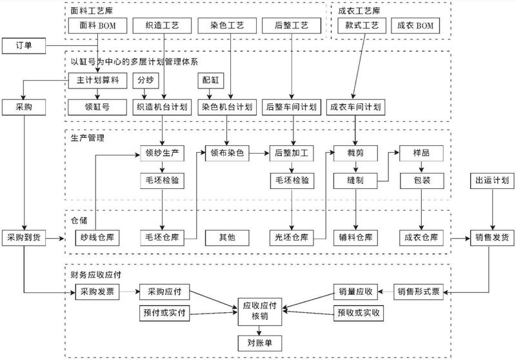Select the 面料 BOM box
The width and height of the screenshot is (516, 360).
point(97,26)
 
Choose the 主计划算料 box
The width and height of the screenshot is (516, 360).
point(97,81)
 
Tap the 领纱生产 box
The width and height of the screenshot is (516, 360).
point(163,154)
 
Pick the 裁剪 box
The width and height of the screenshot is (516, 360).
point(355,154)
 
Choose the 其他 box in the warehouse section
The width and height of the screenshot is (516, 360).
point(228,237)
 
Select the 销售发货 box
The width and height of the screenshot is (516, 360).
point(491,237)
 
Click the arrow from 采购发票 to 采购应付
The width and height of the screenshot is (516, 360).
point(130,292)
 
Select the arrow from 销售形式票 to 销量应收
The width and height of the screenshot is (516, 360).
point(384,292)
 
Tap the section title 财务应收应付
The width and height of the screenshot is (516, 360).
point(97,274)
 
